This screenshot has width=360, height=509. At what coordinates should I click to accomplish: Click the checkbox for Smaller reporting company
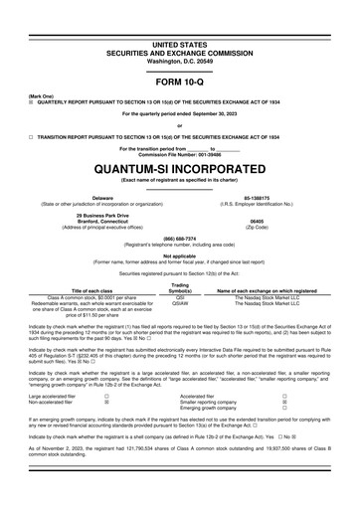(284, 402)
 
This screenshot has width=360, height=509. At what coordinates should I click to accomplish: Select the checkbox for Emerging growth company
(284, 409)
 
